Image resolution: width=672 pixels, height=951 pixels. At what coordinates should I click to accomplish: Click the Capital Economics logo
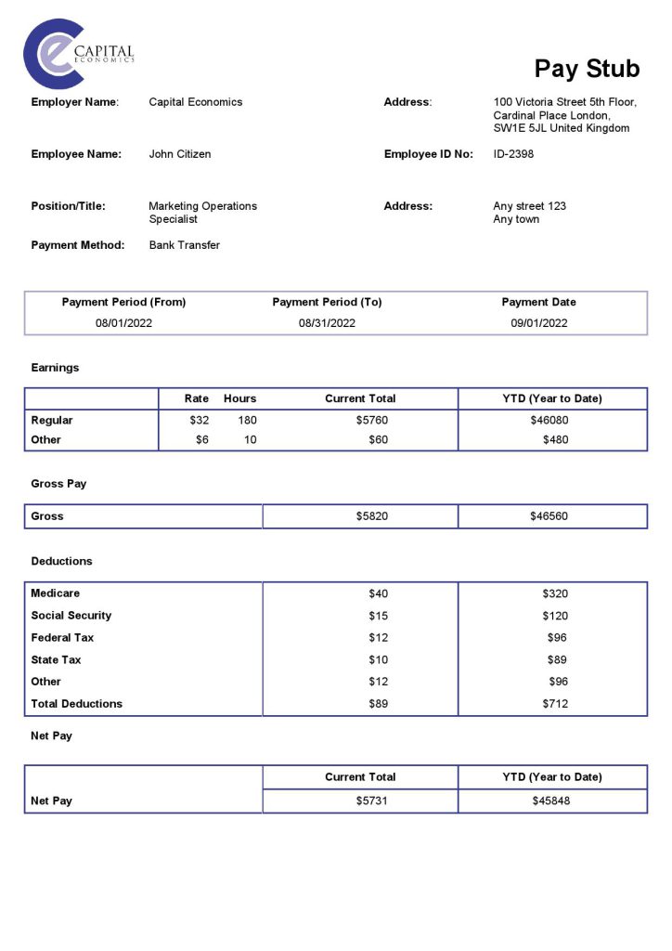pos(78,54)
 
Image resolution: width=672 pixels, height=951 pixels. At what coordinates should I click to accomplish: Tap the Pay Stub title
pos(587,69)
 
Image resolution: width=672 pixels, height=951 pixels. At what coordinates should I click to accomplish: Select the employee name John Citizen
pos(180,154)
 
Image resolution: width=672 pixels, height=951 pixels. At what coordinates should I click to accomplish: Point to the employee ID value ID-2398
pos(513,154)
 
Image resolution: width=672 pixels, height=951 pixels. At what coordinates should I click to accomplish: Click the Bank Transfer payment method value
pos(185,245)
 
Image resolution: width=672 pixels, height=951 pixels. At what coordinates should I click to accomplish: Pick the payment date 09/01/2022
pos(538,323)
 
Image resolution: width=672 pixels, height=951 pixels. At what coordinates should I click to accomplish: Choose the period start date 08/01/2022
pos(123,323)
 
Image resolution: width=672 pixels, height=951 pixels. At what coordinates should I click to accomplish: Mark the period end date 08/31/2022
pos(327,323)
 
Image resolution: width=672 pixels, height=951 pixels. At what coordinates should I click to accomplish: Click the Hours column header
pos(239,398)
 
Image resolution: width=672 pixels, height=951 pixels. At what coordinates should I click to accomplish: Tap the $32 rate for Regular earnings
pos(199,421)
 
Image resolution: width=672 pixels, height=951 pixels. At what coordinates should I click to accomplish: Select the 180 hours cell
pos(247,421)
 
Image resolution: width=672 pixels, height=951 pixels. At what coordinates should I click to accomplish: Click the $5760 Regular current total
pos(371,421)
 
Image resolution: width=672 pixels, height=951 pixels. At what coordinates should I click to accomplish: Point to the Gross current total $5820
pos(371,516)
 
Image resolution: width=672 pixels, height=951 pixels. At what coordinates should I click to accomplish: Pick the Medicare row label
pos(56,593)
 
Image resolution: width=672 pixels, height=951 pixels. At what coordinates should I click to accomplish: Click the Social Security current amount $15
pos(378,616)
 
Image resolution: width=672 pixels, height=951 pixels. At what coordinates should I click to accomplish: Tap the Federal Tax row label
pos(62,638)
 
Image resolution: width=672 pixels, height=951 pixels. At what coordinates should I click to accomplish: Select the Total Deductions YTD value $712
pos(554,704)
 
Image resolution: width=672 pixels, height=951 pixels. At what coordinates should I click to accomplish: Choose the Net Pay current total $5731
pos(371,801)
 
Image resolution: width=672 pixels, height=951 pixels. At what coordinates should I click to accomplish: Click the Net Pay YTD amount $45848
pos(551,801)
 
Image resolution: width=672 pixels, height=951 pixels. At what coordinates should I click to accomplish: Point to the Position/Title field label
pos(69,206)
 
